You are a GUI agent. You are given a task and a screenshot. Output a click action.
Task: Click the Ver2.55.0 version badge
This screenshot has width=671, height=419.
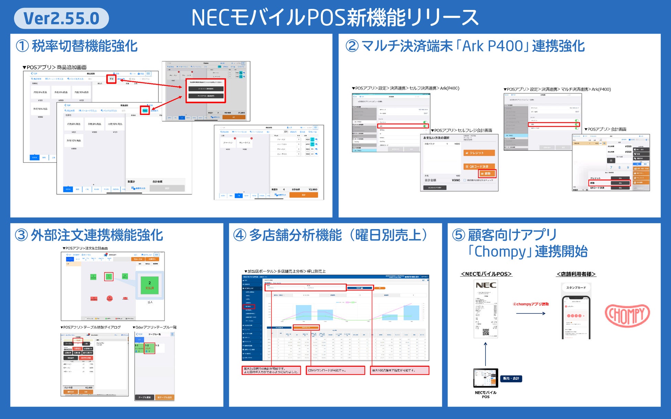61,19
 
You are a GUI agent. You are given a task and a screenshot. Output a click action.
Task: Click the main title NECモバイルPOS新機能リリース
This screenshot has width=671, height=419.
335,18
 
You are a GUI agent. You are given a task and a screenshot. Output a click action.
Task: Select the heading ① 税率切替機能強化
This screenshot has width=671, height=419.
77,46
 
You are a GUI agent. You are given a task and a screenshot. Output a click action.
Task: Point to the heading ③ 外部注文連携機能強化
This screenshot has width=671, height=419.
89,235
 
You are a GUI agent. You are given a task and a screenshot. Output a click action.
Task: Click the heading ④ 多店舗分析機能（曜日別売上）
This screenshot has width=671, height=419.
330,235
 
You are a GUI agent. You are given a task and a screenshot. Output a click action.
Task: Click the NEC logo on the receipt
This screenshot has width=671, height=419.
486,285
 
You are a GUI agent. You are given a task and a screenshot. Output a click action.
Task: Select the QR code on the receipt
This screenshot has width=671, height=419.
486,332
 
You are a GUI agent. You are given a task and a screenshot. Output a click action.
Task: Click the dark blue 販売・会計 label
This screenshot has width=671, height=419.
511,378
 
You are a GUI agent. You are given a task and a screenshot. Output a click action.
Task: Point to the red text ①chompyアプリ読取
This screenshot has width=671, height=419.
531,304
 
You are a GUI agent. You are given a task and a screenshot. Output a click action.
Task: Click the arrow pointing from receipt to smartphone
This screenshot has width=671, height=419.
531,313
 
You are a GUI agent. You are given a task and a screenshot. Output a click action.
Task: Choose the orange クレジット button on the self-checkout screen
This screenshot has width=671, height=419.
479,153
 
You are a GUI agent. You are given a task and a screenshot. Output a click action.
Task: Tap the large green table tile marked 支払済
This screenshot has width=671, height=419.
149,285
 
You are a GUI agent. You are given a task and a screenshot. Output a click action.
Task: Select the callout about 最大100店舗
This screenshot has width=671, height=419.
400,370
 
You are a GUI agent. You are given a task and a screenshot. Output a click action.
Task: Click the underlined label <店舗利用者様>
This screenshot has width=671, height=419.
576,274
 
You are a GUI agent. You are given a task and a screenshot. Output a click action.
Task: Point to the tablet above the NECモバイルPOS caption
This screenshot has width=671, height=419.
486,378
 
